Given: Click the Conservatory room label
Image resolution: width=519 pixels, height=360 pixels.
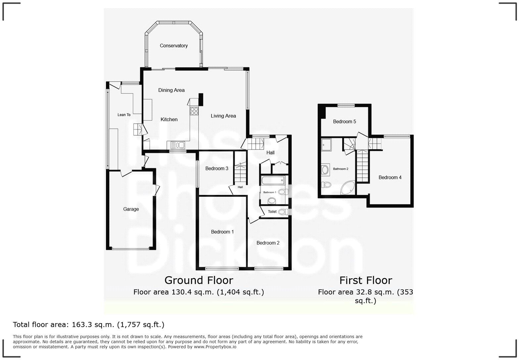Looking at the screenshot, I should click(174, 46).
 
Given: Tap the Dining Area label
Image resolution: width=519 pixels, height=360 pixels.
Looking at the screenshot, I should click(171, 90).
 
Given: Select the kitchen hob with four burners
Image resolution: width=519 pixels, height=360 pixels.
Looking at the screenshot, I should click(194, 111).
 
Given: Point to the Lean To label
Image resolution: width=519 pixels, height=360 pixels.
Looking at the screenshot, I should click(124, 115).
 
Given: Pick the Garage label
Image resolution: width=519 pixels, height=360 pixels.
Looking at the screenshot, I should click(131, 209).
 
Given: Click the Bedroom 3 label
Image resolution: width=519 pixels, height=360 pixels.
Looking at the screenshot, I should click(216, 168).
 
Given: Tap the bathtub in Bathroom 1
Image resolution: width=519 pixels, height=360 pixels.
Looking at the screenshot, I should click(273, 181).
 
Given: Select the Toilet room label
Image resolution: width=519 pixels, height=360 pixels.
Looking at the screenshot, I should click(272, 211).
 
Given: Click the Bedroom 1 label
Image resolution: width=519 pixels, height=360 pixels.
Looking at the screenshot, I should click(222, 232).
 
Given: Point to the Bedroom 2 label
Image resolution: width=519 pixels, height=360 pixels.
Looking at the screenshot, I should click(268, 243).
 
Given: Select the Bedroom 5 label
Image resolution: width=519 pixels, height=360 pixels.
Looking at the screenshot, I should click(344, 121).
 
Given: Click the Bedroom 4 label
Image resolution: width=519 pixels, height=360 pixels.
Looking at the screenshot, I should click(390, 177).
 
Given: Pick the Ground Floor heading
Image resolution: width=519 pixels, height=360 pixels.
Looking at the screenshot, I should click(199, 280).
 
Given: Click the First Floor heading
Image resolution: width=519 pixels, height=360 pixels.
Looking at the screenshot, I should click(365, 280).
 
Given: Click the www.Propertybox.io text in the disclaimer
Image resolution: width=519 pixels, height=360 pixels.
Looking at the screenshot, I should click(215, 347).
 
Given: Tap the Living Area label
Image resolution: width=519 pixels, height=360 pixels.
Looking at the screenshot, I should click(223, 116).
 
